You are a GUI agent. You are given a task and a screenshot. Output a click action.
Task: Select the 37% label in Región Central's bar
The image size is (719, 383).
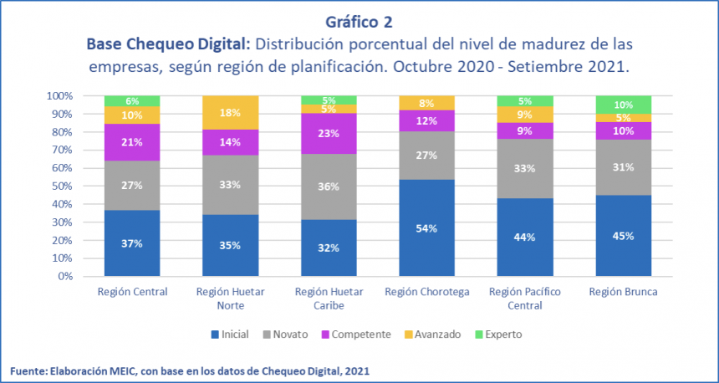point(132,244)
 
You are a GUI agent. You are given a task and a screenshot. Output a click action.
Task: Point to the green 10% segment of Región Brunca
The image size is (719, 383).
point(623,105)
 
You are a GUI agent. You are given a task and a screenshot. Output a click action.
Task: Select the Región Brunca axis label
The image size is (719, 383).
point(624,292)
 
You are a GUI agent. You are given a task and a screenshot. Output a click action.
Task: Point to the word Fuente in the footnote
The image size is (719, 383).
point(28,370)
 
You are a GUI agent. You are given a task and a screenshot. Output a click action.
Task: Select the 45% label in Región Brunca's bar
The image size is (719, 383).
point(623,236)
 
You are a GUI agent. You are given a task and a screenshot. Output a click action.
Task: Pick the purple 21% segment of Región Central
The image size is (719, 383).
point(132,142)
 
